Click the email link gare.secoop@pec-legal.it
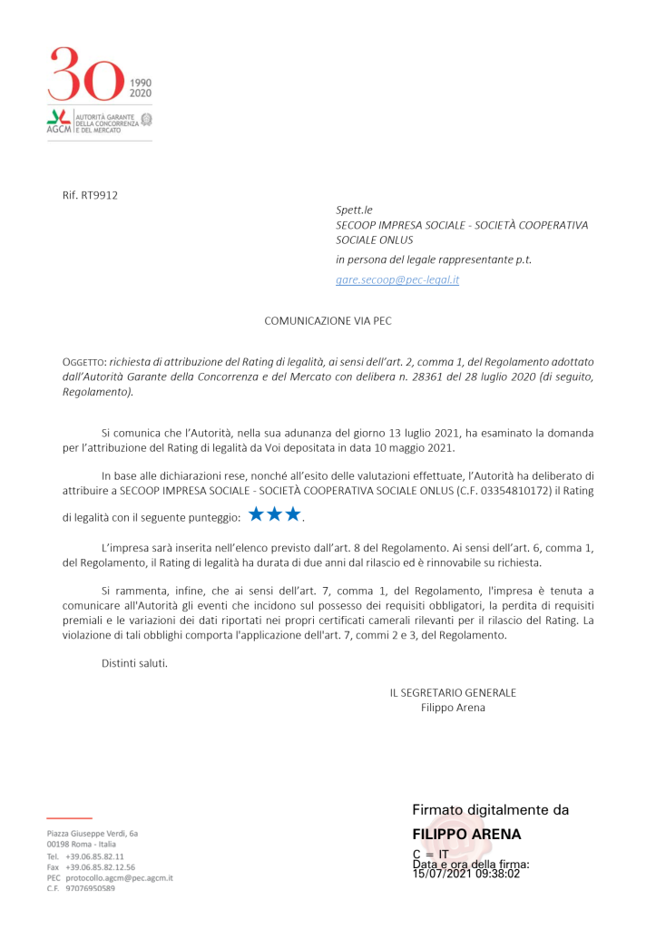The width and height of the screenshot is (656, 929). [x=397, y=280]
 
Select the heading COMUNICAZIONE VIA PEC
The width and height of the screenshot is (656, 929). [x=328, y=320]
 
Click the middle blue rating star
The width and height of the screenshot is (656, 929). [x=275, y=515]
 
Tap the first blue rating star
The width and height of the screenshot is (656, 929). [x=257, y=515]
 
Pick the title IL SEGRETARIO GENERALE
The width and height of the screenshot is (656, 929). [x=453, y=692]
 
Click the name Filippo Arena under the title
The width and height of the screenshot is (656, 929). [x=453, y=708]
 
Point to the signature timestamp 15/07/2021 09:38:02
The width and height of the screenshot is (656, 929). [x=465, y=875]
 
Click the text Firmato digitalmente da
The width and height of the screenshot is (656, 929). [x=490, y=810]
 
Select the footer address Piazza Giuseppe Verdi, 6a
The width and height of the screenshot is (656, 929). [x=93, y=833]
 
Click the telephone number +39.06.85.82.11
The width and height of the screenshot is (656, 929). [x=94, y=856]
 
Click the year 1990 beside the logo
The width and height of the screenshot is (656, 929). [x=141, y=81]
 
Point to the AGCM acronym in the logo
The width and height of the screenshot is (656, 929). [x=58, y=130]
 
